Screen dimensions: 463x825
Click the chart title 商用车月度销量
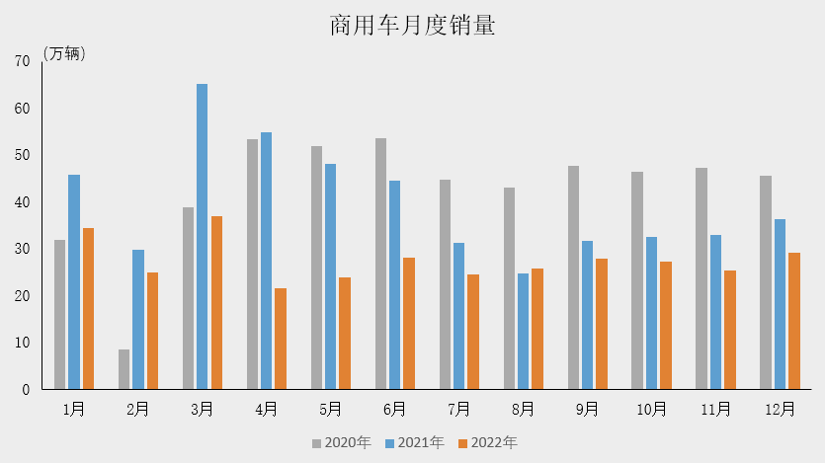[x=412, y=26]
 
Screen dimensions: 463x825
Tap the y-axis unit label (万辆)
[x=64, y=54]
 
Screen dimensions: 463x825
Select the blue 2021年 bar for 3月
[x=202, y=236]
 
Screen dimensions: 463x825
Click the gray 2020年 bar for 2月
[x=124, y=369]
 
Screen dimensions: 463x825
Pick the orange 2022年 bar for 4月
[x=281, y=339]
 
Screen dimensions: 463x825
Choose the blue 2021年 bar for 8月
[x=523, y=331]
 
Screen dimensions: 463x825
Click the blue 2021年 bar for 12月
[x=780, y=304]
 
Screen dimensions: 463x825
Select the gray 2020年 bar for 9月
[x=573, y=277]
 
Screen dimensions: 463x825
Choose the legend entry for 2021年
[x=414, y=443]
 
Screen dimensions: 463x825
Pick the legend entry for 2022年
[x=487, y=443]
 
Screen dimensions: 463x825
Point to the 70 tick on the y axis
[x=22, y=61]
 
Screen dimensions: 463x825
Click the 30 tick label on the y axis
[x=22, y=249]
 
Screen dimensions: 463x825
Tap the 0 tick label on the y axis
[x=26, y=390]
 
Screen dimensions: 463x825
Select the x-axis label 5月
[x=330, y=409]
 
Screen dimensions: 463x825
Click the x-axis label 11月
[x=715, y=409]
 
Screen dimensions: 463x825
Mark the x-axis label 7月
[x=458, y=409]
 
